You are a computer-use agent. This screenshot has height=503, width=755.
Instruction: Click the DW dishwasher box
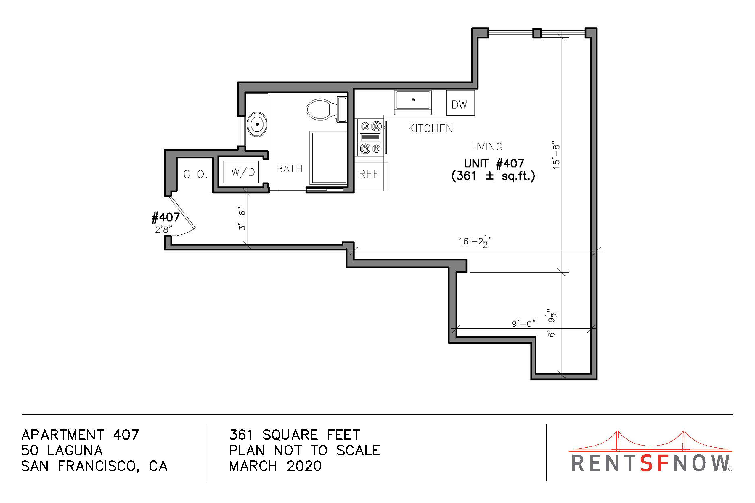(x=460, y=103)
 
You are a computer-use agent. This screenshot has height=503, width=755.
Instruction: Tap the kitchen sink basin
(x=413, y=100)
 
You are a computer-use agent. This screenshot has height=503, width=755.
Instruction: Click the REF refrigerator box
(x=371, y=177)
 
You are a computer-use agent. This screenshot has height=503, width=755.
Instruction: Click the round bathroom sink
(x=257, y=125)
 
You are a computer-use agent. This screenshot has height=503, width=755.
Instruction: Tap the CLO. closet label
(x=195, y=175)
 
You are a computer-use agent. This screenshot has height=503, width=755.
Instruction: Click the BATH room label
(x=289, y=169)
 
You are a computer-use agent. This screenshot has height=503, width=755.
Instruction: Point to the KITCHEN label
(x=430, y=128)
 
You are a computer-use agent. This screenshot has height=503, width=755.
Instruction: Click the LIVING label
(x=486, y=146)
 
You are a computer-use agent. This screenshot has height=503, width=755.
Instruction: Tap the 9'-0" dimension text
(x=524, y=323)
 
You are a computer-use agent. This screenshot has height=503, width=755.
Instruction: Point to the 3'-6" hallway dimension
(x=242, y=220)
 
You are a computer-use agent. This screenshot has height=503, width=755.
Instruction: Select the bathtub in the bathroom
(x=328, y=158)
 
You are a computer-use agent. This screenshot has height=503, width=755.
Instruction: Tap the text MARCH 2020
(x=275, y=466)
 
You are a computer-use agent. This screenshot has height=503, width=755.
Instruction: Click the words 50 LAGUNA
(x=62, y=450)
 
